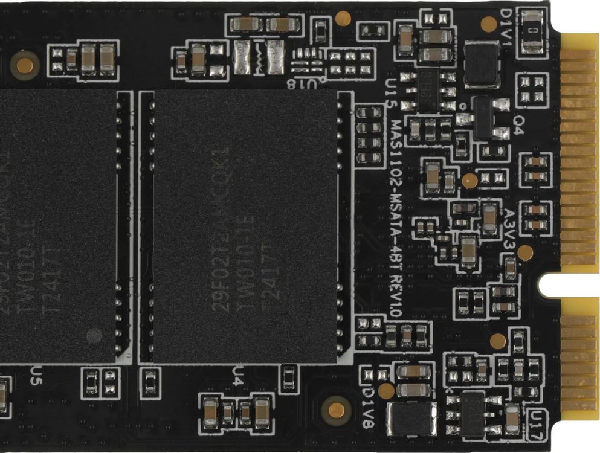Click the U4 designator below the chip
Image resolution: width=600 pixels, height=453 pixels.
click(238, 376)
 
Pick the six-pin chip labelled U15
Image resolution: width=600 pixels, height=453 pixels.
click(428, 89)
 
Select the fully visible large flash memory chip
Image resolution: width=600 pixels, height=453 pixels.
click(245, 226)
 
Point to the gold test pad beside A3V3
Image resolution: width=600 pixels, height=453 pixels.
click(525, 252)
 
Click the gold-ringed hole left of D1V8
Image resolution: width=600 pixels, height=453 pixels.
click(337, 410)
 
